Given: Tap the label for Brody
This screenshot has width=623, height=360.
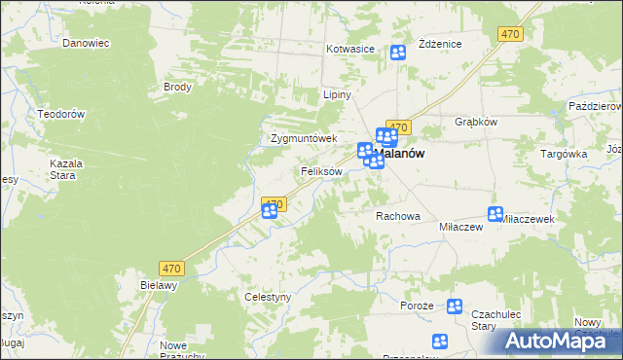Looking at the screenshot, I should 177,87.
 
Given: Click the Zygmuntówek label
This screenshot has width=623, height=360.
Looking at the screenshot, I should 303,138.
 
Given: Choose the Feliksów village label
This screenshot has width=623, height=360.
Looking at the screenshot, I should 321,171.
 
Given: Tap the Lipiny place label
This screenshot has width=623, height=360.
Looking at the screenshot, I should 337,95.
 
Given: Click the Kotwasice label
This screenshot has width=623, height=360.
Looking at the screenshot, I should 351,49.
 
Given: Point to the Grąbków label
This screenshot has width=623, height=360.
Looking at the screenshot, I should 476,123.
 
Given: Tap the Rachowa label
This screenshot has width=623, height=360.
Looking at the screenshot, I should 397,216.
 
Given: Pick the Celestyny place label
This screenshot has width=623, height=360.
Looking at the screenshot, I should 268,297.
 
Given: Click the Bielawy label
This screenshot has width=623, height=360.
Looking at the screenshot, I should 159,285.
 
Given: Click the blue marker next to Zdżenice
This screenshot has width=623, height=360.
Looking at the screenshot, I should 398,54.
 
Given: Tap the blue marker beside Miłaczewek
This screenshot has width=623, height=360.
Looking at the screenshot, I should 495,214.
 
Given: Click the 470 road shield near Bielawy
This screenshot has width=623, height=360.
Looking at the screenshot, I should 172,269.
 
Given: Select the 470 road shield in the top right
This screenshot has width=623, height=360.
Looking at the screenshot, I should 510,34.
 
